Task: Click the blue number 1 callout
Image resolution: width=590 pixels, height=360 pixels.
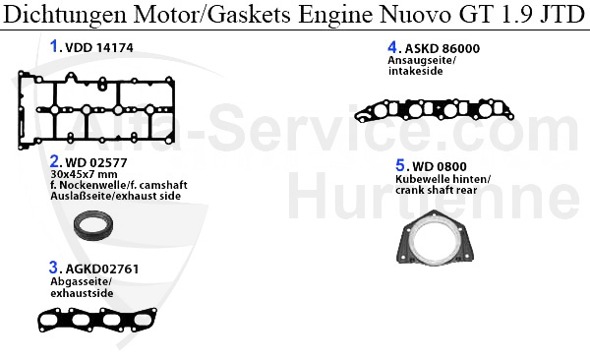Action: coord(54,45)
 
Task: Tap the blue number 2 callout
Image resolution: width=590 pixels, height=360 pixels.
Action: coord(54,160)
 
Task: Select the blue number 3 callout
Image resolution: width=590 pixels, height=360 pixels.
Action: coord(54,267)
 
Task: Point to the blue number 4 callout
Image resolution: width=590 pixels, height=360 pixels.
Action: coord(392,46)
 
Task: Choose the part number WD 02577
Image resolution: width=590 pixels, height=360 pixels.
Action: coord(96,161)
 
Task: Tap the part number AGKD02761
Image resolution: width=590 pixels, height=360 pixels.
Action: coord(102,268)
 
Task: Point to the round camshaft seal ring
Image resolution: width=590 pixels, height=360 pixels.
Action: coord(96,227)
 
